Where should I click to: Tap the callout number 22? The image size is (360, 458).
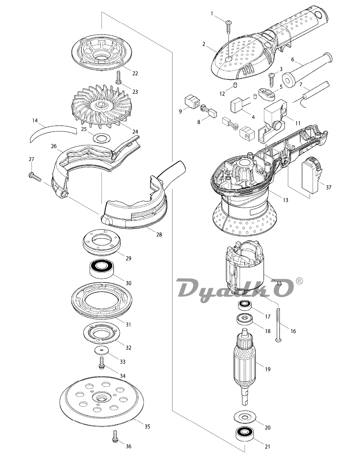pos(135,73)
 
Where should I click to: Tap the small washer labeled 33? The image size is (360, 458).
pos(101,350)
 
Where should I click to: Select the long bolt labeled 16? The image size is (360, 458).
pos(278,325)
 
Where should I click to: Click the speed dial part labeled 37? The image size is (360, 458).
pos(311,175)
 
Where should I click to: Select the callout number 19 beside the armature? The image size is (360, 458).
pos(267,369)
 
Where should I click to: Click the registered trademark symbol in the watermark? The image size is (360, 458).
pos(299,281)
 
